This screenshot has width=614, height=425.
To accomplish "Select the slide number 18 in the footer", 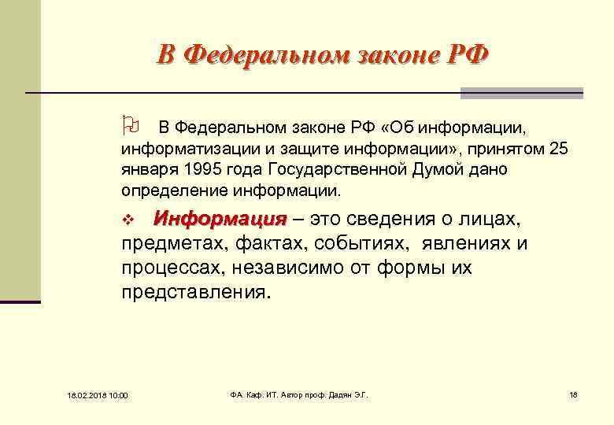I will (x=572, y=394).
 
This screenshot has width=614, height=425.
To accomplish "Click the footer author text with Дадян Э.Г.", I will (x=298, y=394).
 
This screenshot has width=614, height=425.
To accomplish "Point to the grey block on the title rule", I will (x=522, y=93).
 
